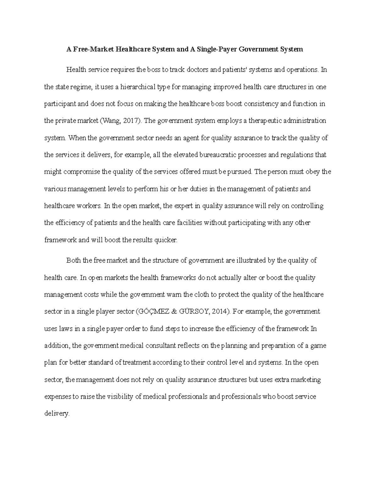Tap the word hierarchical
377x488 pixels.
point(140,87)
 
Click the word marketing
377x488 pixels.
point(308,380)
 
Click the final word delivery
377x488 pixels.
point(57,414)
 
